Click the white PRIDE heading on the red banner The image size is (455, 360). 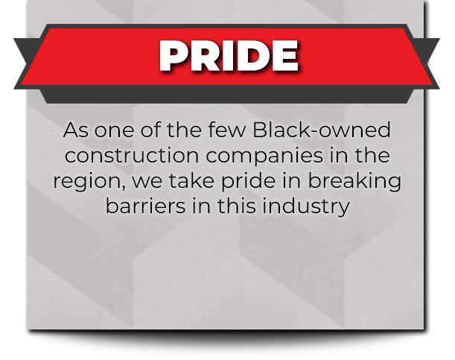point(229,56)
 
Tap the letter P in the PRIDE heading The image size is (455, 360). point(174,56)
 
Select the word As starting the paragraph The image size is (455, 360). point(75,130)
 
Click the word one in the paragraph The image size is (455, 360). point(114,130)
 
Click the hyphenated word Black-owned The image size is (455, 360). point(322,130)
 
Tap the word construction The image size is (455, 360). point(132,155)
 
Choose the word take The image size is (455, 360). point(191,180)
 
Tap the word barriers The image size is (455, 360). point(145,206)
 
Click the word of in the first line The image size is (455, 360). point(150,130)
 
